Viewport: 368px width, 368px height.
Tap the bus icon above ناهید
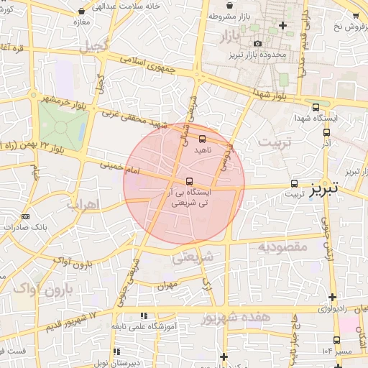pos(202,139)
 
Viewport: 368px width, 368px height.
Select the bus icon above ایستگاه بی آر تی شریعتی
pos(189,181)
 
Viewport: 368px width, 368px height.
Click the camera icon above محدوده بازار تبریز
pos(258,44)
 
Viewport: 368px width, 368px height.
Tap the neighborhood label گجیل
pos(94,47)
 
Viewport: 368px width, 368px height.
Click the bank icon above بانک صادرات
pos(26,216)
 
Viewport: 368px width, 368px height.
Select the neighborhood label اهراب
pos(81,204)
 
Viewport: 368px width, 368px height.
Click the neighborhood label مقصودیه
pos(282,247)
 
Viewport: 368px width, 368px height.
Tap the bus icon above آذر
pos(326,132)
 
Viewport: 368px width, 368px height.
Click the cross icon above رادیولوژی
pos(332,297)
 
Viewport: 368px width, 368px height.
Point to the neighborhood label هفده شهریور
pos(236,316)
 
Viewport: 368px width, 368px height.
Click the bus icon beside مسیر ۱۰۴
pos(336,340)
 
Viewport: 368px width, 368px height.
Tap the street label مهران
pos(168,285)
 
